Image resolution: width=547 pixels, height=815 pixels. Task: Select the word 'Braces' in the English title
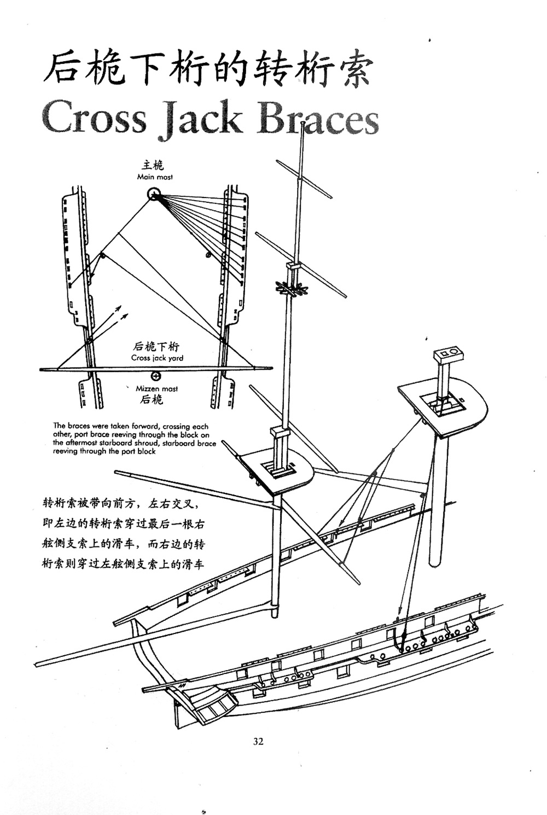coord(318,118)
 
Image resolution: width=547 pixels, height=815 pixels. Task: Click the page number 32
coord(258,741)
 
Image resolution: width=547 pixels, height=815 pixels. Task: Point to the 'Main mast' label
coord(155,177)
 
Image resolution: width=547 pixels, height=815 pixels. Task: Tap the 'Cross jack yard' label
coord(157,358)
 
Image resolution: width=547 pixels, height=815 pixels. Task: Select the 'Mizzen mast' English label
coord(156,389)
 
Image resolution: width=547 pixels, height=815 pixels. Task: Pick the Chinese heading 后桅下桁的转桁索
coord(208,70)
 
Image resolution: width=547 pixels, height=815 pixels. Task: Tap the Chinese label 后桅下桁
coord(156,346)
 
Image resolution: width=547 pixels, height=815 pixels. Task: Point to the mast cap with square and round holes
coord(449,354)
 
